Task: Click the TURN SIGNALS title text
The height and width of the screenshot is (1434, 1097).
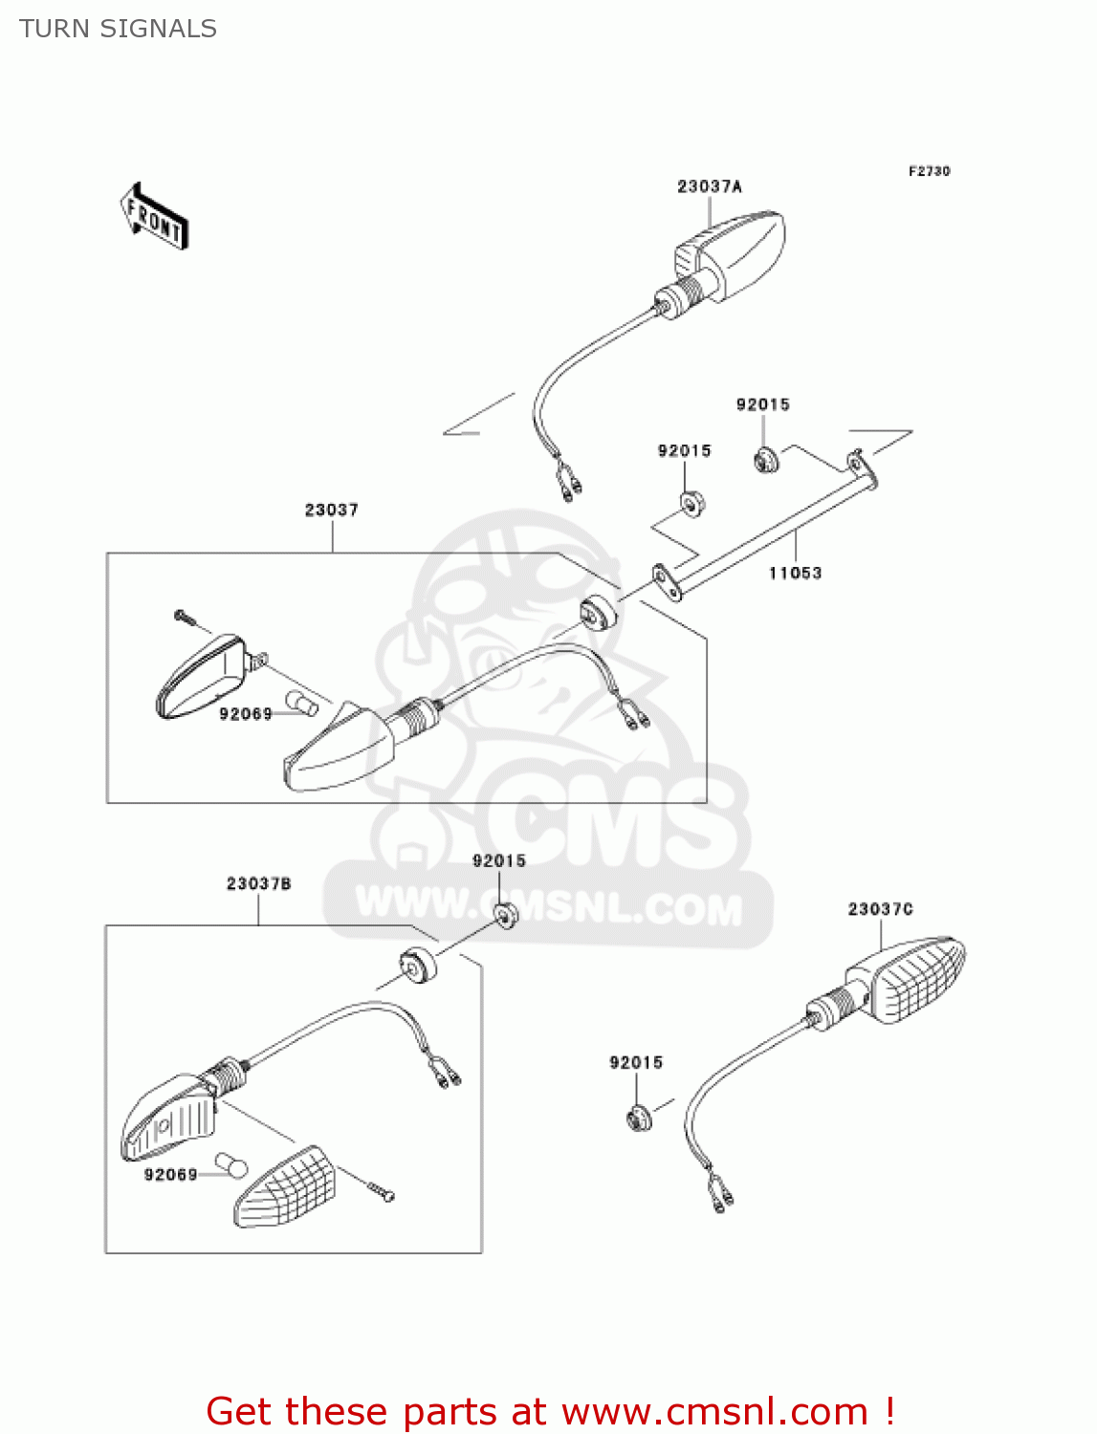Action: [118, 29]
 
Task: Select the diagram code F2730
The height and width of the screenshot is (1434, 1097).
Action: [929, 171]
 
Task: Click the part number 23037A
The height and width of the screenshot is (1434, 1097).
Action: [709, 186]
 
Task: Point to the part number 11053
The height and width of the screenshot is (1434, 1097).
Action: [795, 573]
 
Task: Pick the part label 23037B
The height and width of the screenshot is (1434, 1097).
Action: [258, 883]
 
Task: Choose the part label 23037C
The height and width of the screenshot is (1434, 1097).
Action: [880, 908]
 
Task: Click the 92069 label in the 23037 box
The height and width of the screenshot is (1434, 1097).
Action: [246, 713]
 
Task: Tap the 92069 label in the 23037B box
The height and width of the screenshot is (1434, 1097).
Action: [171, 1174]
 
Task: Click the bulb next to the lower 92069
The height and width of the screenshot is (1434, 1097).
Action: [231, 1166]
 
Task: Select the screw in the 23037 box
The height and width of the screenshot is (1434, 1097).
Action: [184, 617]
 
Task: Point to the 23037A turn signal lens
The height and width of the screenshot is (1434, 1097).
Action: [731, 252]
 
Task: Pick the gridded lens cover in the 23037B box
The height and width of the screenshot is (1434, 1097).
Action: [285, 1188]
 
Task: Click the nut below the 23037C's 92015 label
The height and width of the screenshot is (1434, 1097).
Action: [638, 1118]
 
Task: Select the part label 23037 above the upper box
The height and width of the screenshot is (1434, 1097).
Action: [331, 510]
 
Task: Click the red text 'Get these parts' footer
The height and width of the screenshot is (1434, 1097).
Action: [549, 1411]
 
